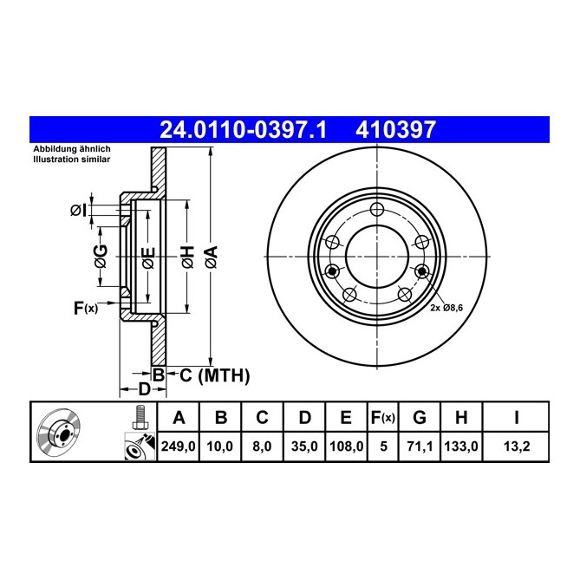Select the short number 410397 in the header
(395, 130)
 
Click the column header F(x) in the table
(381, 418)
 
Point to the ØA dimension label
(211, 257)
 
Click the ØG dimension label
(101, 257)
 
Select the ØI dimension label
(79, 210)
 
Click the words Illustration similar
(70, 160)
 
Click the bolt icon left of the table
(137, 418)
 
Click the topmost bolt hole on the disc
(376, 210)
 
